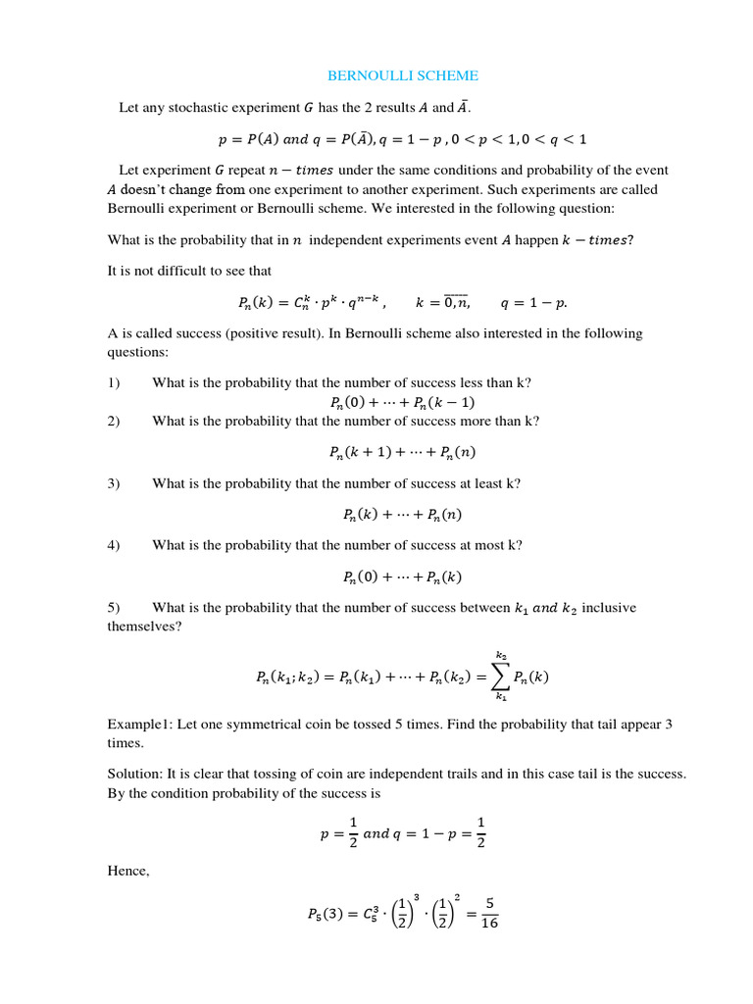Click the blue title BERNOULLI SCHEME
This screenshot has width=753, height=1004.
(x=403, y=75)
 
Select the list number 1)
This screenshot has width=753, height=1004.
(x=114, y=382)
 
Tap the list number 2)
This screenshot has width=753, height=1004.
(x=114, y=421)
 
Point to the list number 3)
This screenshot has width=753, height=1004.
(x=114, y=483)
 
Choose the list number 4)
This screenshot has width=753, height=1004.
(x=114, y=545)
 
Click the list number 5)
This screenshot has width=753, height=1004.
(x=114, y=608)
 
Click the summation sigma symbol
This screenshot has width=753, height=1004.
(x=500, y=676)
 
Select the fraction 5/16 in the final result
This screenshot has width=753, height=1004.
(x=489, y=914)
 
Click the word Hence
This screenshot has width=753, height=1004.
(x=128, y=871)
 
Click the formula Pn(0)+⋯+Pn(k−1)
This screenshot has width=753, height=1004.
(x=402, y=402)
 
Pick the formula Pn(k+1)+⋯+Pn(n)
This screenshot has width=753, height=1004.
(x=402, y=452)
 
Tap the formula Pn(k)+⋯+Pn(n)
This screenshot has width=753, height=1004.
(x=402, y=515)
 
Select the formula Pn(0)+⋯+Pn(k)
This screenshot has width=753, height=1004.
(x=402, y=577)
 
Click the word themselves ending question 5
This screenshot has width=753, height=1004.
(x=144, y=627)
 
